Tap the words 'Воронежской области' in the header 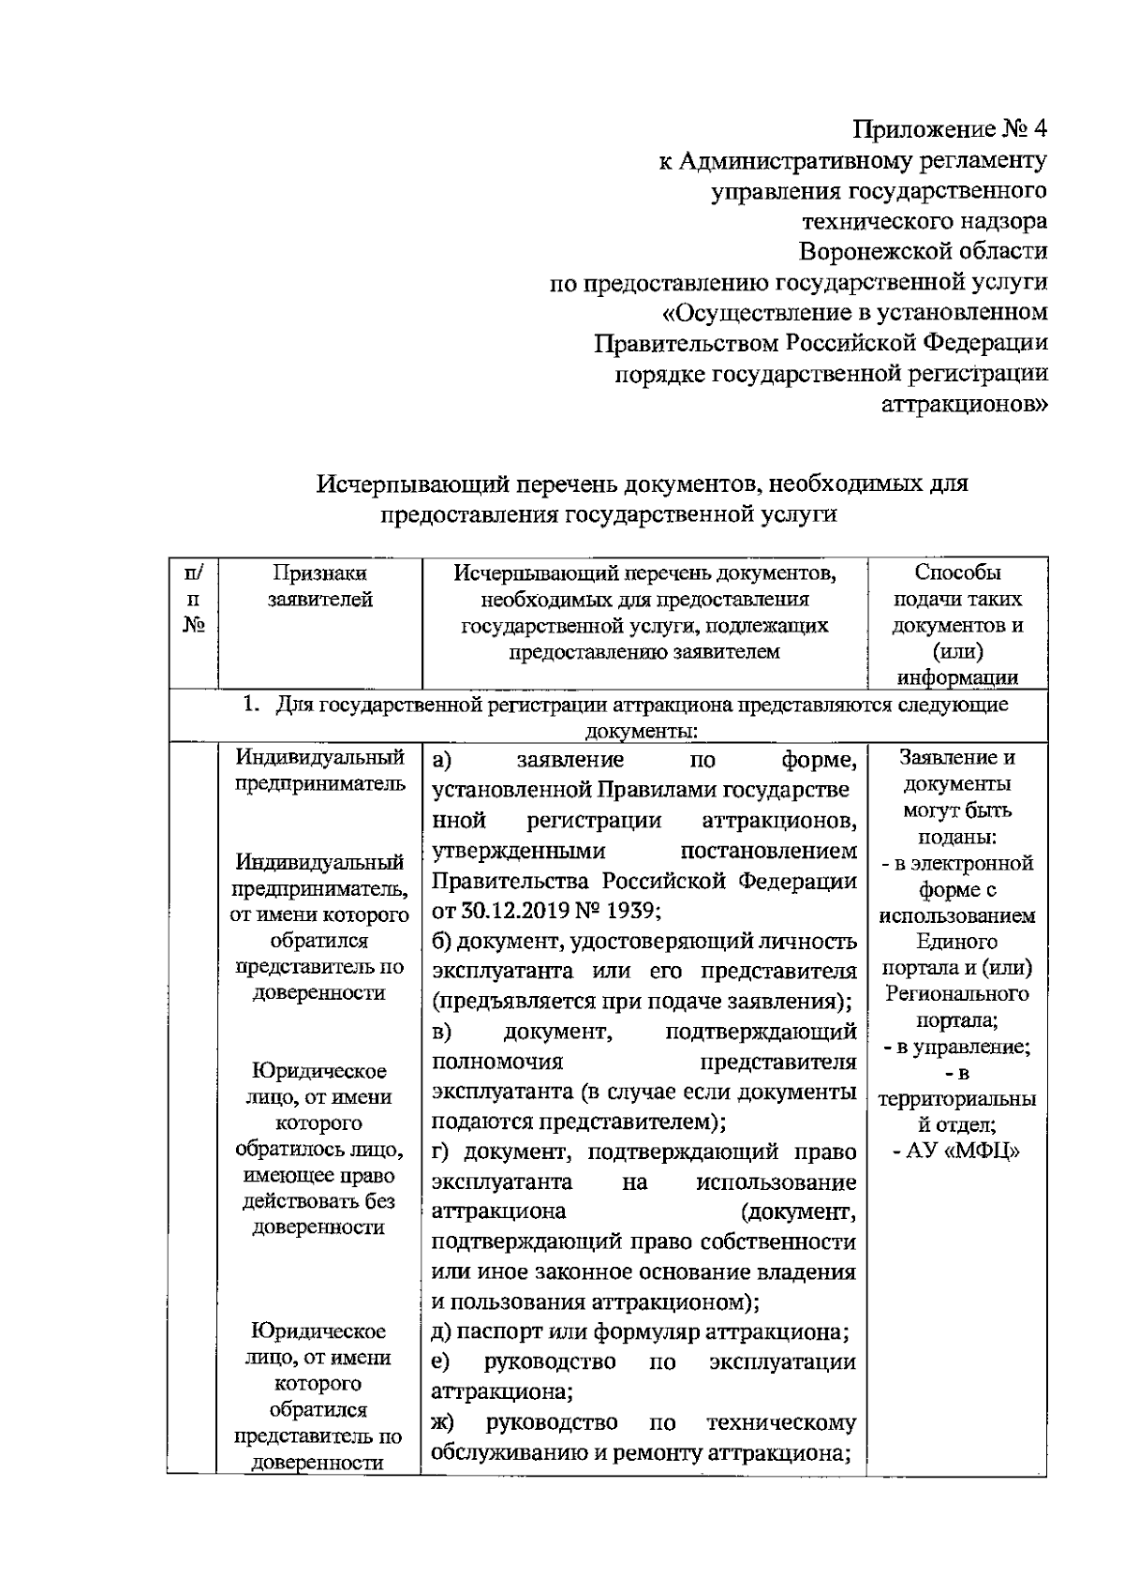click(923, 251)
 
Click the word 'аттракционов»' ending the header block click(965, 404)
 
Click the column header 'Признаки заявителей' click(319, 586)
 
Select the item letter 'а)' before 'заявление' click(443, 759)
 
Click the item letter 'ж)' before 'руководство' click(443, 1422)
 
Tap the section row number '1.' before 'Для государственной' click(251, 705)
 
